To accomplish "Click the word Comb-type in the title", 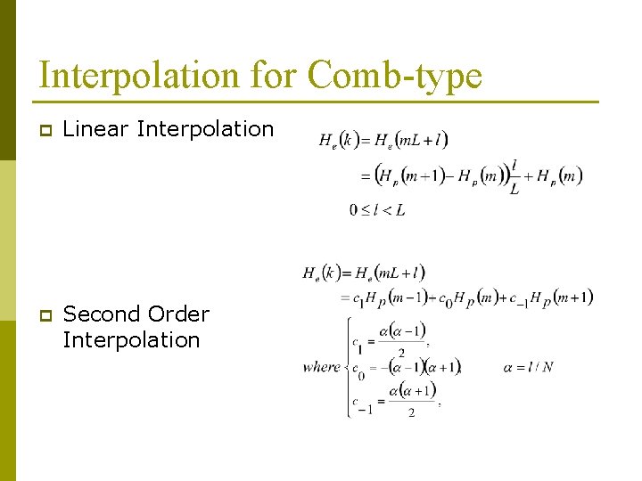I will pos(394,75).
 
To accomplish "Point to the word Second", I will pos(100,314).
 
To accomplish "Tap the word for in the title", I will pos(274,75).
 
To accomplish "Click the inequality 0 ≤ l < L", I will pos(377,210).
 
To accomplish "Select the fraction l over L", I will pos(514,176).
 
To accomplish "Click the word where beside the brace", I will pos(321,366).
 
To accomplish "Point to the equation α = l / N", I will pos(528,366).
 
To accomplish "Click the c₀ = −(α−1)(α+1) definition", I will pos(406,367).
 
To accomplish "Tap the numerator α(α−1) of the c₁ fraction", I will pos(402,331).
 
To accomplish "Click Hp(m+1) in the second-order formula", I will pos(561,298).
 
